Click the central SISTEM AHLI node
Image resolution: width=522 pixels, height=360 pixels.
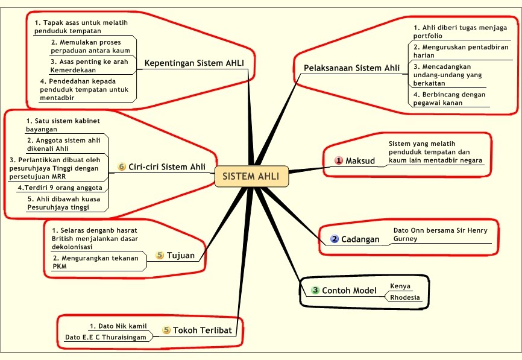(251, 177)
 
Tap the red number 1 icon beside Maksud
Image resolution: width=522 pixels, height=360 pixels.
(339, 160)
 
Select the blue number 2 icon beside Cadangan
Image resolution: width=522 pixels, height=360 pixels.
(335, 239)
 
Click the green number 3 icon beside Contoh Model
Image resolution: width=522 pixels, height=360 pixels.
(315, 291)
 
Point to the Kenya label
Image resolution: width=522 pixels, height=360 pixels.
(400, 286)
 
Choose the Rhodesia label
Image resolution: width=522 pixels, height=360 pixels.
(405, 298)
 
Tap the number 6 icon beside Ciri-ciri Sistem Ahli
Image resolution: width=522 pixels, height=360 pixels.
(122, 167)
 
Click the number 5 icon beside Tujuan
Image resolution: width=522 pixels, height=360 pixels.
(160, 255)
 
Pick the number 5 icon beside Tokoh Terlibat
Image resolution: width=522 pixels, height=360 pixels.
(166, 330)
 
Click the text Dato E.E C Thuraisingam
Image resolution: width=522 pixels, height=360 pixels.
(105, 337)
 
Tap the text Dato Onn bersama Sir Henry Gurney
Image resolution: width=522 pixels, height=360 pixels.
(439, 235)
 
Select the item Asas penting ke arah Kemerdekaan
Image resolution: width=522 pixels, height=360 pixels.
(89, 66)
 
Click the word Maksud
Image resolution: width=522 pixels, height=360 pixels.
(360, 161)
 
